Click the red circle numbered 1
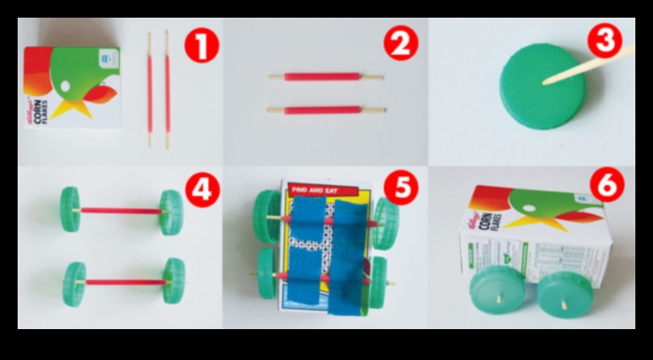pyautogui.click(x=202, y=45)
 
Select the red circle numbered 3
pyautogui.click(x=605, y=41)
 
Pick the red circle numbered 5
pyautogui.click(x=402, y=190)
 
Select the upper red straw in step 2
pyautogui.click(x=326, y=77)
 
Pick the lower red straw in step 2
pyautogui.click(x=326, y=110)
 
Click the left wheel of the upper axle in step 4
pyautogui.click(x=71, y=211)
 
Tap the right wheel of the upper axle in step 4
pyautogui.click(x=173, y=210)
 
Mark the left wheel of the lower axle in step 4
pyautogui.click(x=74, y=282)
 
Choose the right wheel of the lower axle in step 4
pyautogui.click(x=174, y=280)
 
